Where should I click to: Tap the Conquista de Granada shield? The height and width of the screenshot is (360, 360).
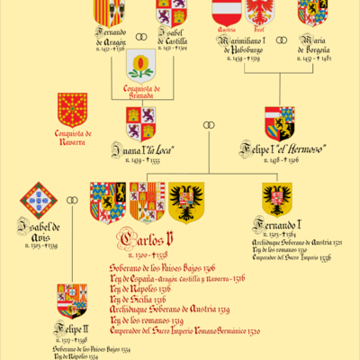[139, 65]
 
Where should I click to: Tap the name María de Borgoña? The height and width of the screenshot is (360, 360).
[315, 45]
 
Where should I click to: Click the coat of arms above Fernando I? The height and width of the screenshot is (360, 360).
[276, 200]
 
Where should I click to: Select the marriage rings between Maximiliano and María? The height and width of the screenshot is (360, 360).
[281, 40]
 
